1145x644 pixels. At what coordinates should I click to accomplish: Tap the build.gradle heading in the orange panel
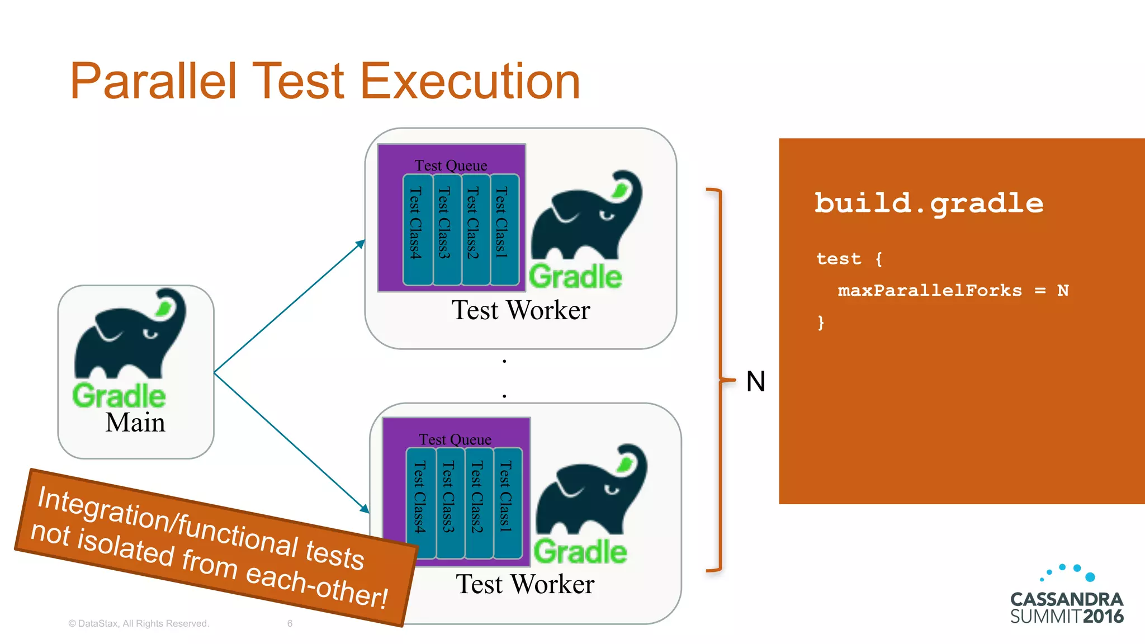click(929, 203)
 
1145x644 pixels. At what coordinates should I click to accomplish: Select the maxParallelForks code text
click(929, 291)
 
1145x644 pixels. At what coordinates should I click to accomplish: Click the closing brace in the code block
click(821, 323)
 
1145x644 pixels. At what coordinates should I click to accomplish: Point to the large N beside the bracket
click(755, 382)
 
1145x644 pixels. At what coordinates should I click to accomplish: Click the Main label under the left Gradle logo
click(135, 423)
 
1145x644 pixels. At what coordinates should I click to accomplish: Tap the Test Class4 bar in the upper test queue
click(417, 229)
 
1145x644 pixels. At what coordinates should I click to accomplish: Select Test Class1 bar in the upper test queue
click(503, 229)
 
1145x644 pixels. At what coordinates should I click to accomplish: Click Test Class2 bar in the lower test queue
click(477, 503)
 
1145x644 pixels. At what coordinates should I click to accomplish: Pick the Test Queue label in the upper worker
click(451, 165)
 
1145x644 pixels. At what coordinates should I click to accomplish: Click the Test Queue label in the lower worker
click(455, 439)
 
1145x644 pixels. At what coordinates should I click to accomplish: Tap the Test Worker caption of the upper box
click(521, 310)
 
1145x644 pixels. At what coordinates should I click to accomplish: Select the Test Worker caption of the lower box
click(525, 584)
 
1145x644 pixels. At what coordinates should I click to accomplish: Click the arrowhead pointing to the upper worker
click(361, 244)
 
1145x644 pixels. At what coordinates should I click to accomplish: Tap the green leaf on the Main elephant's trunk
click(164, 307)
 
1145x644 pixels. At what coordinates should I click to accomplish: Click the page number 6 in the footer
click(290, 623)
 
